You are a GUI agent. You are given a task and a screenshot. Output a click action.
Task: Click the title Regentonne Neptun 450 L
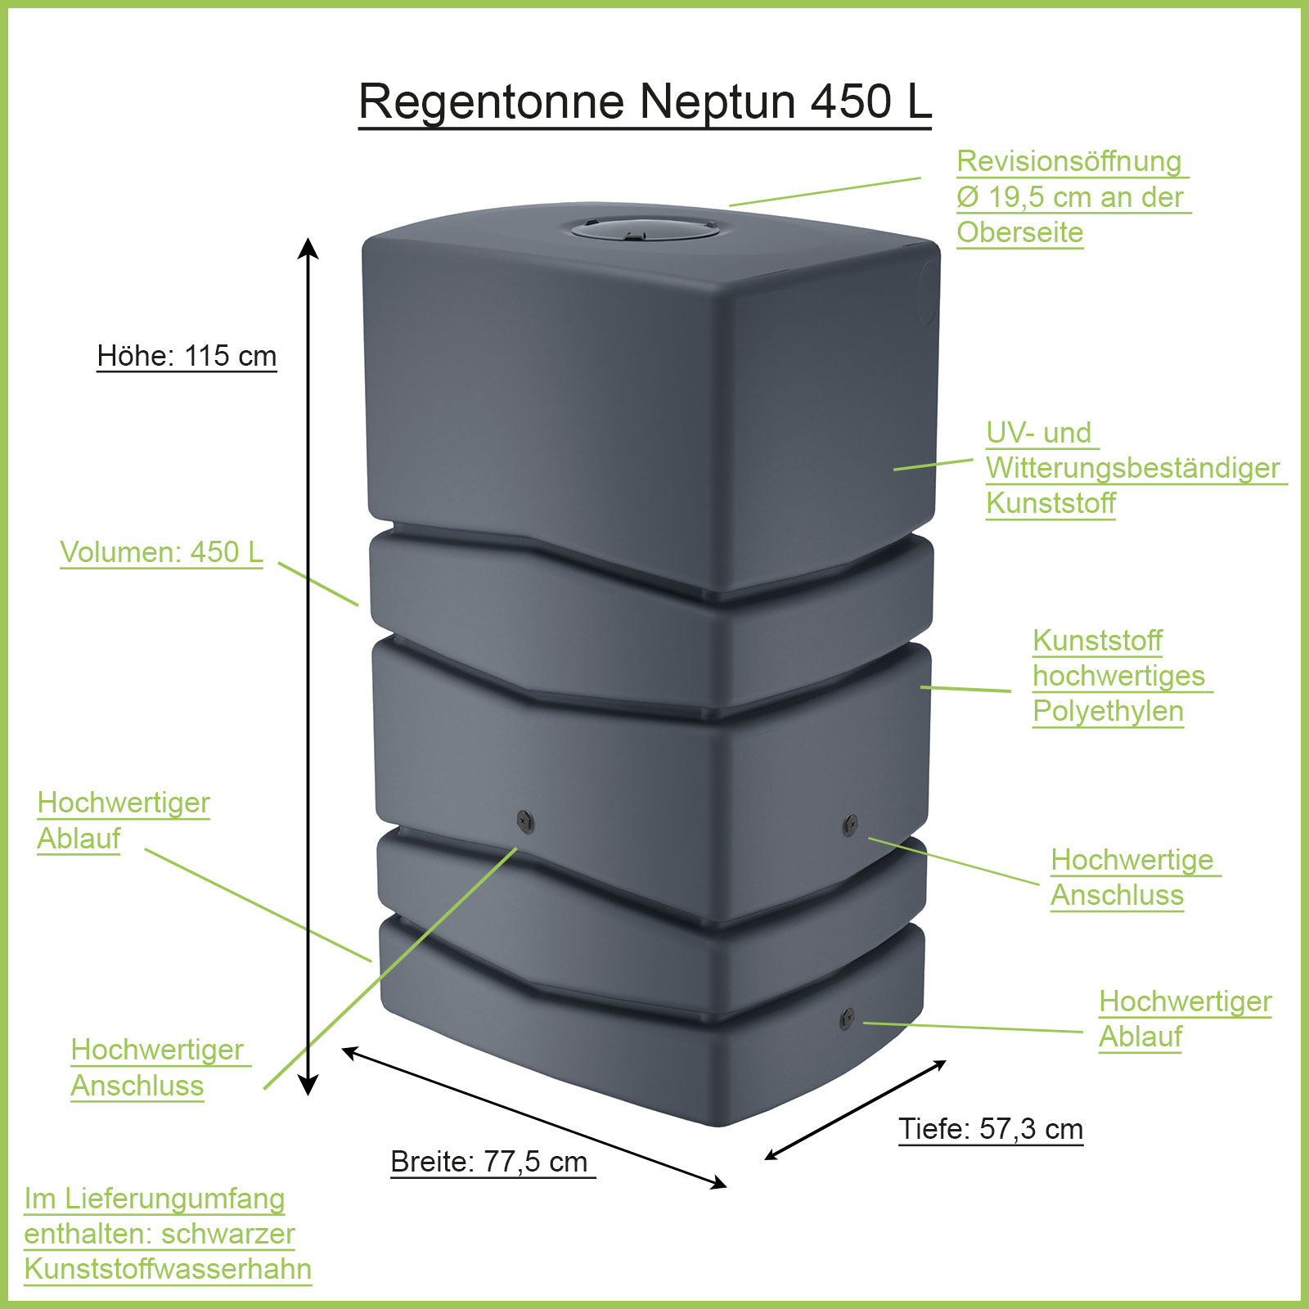pos(645,101)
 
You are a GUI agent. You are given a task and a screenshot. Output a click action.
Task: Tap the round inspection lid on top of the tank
pos(645,227)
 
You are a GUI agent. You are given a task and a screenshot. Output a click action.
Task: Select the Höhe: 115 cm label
pos(187,356)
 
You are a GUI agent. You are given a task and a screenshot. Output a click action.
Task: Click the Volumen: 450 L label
pos(161,552)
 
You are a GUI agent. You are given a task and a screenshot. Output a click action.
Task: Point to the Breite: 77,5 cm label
pos(489,1162)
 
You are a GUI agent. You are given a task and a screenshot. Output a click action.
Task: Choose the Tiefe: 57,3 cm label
pos(991,1129)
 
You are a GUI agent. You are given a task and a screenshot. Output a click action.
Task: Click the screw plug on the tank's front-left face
pos(525,821)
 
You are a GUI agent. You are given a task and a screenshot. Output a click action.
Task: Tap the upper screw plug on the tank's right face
pos(850,824)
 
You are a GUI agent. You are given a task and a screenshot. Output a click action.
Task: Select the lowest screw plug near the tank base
pos(847,1019)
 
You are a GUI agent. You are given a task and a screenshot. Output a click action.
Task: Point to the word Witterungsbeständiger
pos(1132,468)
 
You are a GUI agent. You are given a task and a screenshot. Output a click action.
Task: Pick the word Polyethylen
pos(1108,711)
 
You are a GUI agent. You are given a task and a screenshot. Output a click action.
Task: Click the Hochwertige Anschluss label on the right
pos(1132,877)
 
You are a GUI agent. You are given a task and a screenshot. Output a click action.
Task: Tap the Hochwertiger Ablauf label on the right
pos(1185,1019)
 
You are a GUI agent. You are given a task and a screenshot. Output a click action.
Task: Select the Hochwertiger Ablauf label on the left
pos(124,820)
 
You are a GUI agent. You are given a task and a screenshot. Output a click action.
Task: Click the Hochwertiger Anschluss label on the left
pos(157,1067)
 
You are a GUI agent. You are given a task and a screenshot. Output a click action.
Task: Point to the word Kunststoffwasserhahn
pos(168,1269)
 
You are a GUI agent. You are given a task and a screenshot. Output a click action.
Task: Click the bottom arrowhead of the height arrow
pos(308,1086)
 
